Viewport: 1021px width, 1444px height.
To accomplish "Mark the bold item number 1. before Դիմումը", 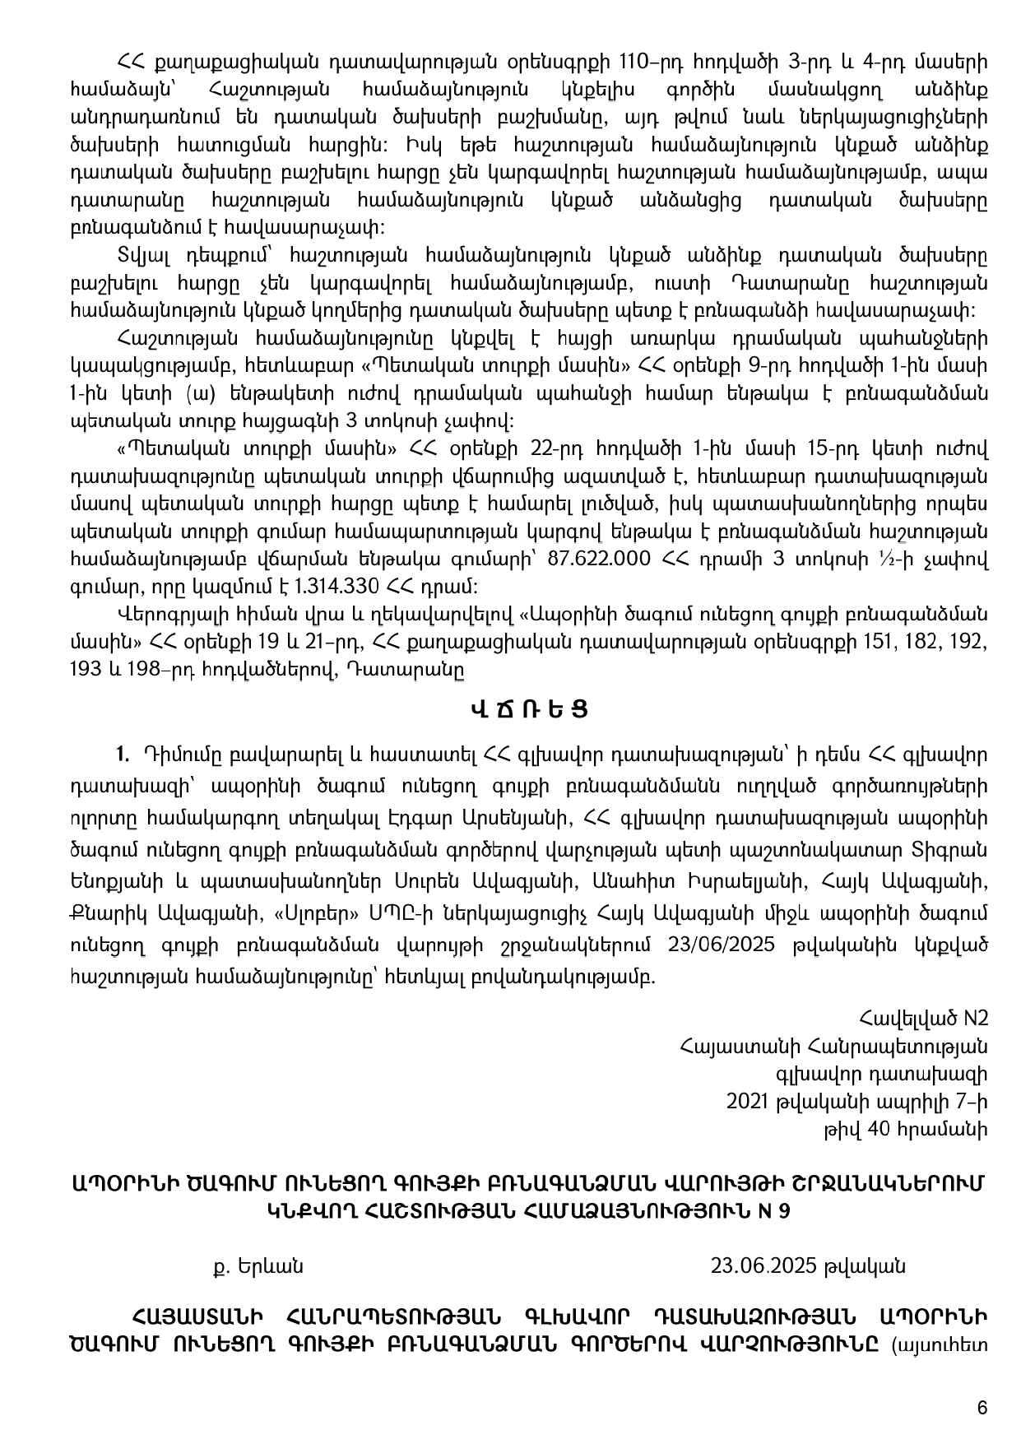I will click(x=123, y=753).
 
